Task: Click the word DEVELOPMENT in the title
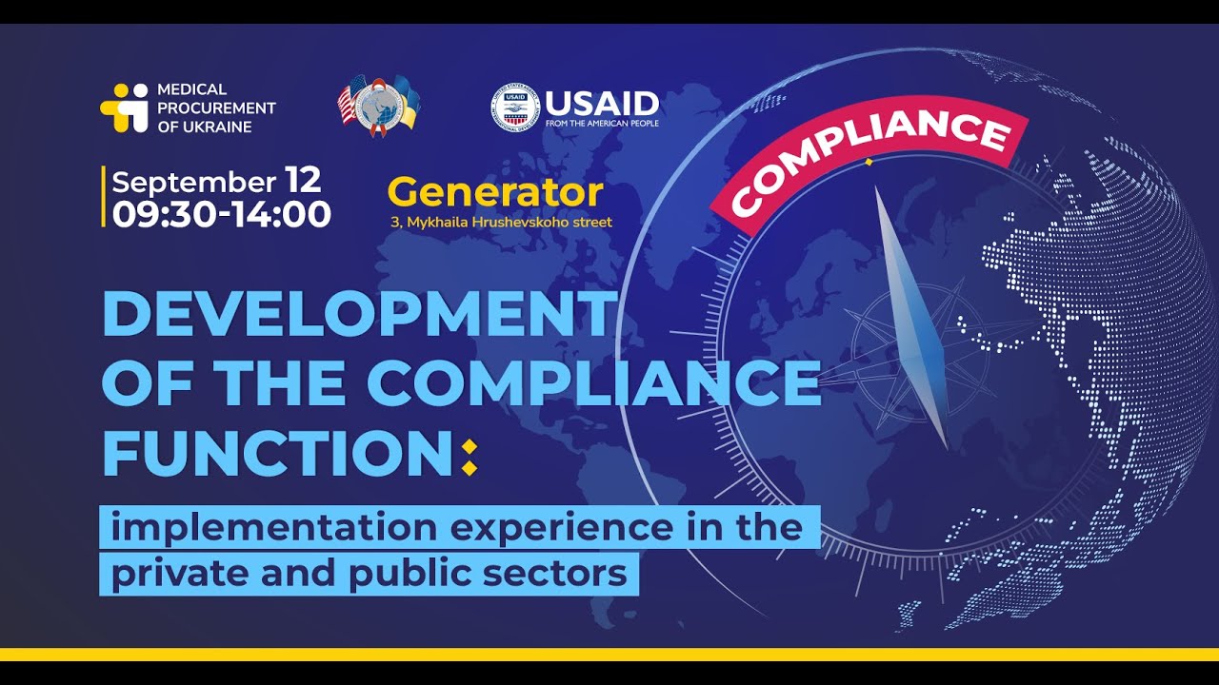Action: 359,314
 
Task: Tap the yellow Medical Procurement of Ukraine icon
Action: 124,108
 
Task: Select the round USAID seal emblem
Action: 515,107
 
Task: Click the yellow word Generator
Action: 495,192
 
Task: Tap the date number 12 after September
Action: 303,180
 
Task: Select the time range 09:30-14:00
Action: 221,214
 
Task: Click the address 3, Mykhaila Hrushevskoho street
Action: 501,223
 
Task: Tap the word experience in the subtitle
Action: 561,527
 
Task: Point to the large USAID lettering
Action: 602,102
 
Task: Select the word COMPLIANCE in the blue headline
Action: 593,382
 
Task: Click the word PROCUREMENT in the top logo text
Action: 216,108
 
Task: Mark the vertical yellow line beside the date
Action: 103,197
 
